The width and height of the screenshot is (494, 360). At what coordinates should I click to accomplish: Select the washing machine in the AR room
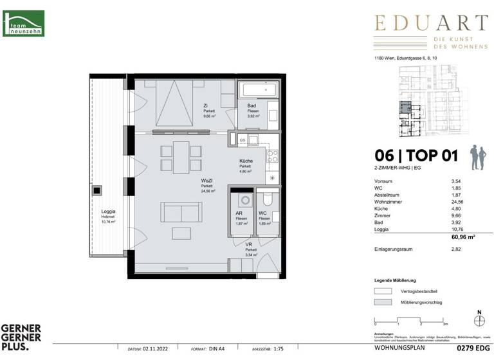[241, 201]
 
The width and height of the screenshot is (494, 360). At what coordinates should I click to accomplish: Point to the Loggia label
[108, 212]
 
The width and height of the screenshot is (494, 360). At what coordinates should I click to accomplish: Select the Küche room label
[245, 161]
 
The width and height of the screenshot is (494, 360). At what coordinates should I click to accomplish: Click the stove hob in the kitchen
[272, 155]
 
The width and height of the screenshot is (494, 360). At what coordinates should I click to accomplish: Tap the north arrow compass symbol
[479, 319]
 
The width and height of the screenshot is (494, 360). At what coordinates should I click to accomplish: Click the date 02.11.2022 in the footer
[157, 349]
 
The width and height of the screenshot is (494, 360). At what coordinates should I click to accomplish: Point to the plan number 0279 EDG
[468, 349]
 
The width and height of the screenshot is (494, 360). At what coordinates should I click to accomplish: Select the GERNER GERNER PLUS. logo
[21, 337]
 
